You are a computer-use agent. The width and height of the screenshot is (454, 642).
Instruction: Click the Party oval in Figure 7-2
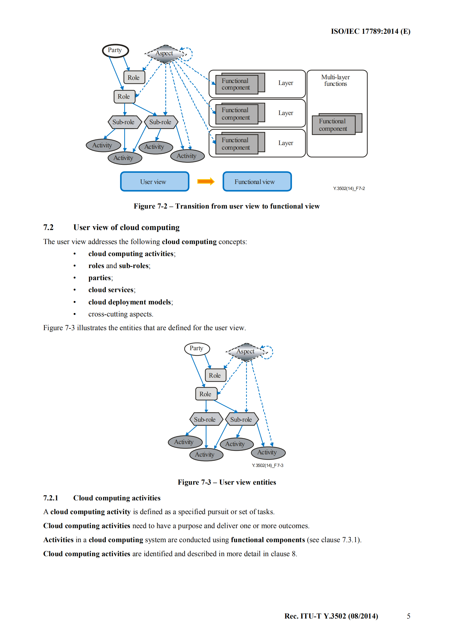click(115, 51)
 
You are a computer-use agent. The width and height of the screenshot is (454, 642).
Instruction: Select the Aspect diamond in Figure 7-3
click(245, 352)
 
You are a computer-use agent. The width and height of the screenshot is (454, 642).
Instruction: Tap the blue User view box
click(154, 182)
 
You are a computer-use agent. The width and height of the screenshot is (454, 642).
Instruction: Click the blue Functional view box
click(257, 182)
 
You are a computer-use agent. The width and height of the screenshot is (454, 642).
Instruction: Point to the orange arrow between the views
click(206, 181)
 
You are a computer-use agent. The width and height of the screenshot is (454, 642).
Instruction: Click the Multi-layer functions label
click(335, 80)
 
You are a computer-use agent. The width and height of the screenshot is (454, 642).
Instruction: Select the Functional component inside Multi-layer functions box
click(334, 125)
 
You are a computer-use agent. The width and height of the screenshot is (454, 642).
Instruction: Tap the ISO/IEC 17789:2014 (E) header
click(370, 31)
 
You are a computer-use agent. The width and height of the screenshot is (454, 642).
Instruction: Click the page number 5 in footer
click(409, 616)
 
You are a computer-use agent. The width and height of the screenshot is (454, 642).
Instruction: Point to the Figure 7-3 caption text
click(227, 482)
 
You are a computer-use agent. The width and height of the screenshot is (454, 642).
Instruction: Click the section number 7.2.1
click(51, 498)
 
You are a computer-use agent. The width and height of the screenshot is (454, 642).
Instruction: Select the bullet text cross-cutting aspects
click(121, 314)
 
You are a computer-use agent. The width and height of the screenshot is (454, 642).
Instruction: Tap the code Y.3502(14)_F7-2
click(349, 189)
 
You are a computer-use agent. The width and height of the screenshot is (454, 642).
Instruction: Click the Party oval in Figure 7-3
click(197, 348)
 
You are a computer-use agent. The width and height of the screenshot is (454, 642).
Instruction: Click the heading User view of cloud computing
click(126, 227)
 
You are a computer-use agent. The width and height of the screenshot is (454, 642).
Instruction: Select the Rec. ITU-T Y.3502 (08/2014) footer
click(331, 616)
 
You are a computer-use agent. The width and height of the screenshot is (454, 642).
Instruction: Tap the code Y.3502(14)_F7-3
click(267, 465)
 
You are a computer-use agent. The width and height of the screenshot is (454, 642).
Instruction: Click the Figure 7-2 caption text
click(227, 206)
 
